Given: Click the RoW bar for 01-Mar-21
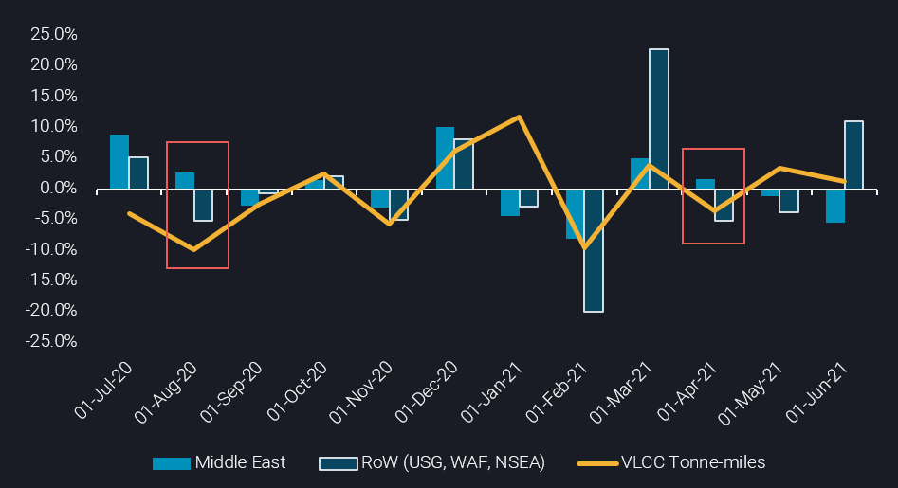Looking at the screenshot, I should tap(658, 118).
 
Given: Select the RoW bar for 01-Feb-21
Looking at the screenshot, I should tap(594, 250).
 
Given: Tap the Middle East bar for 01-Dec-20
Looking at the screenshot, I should tap(445, 157).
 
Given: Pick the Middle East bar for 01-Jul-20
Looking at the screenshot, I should tap(119, 161).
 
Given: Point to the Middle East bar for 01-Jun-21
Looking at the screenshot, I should tap(835, 206).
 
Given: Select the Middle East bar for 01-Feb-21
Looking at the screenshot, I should tap(576, 213).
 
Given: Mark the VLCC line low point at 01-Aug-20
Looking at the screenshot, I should tap(194, 249).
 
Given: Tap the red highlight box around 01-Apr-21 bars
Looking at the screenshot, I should tap(713, 149).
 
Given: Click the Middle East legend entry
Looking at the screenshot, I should tap(220, 463).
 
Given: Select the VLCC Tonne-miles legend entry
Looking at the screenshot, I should tap(672, 463).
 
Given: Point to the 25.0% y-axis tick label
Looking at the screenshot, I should tap(54, 34).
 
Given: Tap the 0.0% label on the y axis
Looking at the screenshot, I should tap(59, 188).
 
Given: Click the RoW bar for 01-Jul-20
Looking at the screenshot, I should tap(138, 172).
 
